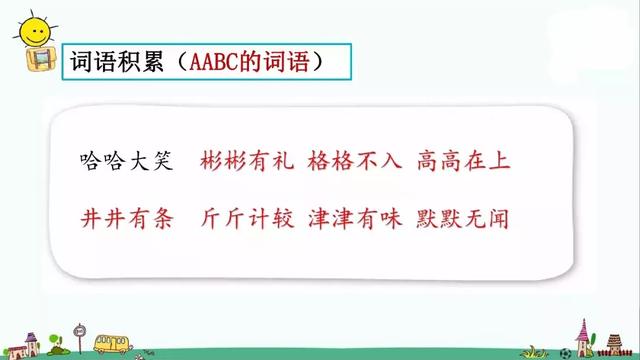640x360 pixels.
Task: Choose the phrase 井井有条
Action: point(128,217)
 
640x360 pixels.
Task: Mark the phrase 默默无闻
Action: point(457,217)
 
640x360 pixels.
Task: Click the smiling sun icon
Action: point(36,29)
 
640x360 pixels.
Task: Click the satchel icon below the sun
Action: point(36,61)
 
